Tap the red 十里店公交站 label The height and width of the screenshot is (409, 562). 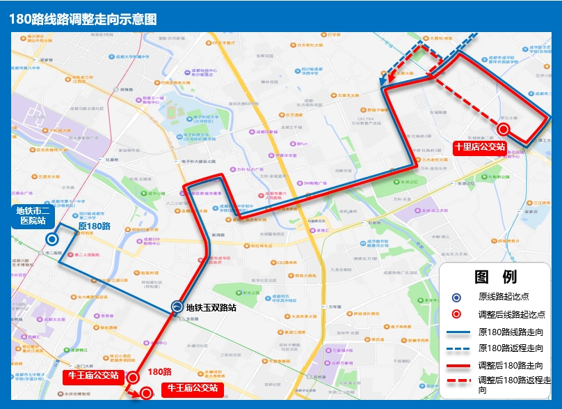click(479, 147)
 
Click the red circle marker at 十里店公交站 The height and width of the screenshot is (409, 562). click(503, 128)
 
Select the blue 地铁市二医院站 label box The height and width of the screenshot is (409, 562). click(33, 216)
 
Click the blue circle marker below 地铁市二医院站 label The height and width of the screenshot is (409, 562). click(51, 238)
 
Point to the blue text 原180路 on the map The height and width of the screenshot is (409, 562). click(94, 226)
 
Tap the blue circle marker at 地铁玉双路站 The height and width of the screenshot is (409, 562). click(178, 307)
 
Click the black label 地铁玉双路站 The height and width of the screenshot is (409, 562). click(211, 307)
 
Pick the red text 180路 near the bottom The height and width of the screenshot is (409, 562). click(159, 372)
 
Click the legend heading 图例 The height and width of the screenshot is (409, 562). click(496, 277)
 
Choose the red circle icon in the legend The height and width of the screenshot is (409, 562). click(456, 314)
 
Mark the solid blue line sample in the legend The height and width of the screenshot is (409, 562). click(456, 332)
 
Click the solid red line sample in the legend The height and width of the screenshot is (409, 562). click(456, 365)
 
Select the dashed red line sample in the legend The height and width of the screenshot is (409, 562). click(456, 381)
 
